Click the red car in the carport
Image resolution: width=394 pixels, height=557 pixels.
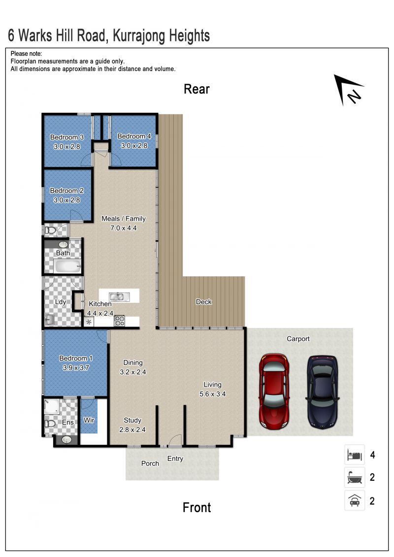tap(274, 391)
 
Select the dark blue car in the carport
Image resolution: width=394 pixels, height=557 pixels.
tap(322, 392)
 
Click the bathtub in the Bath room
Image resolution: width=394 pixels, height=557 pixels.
tap(67, 266)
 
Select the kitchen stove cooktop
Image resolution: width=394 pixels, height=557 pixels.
tap(119, 321)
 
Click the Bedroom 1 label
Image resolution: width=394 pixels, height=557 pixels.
tap(76, 359)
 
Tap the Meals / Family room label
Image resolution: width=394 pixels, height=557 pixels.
tap(124, 219)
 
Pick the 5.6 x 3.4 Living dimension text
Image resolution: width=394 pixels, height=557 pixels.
tap(212, 394)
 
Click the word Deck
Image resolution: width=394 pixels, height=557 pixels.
tap(204, 302)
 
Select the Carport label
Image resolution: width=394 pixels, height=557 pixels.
tap(298, 339)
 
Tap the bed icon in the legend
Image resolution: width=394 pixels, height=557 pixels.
tap(355, 455)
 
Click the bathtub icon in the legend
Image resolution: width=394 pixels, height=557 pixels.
tap(355, 477)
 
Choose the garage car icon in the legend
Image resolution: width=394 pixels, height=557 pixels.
tap(355, 500)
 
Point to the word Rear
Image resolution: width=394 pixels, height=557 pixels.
tap(197, 89)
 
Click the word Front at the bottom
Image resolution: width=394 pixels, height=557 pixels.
tap(197, 508)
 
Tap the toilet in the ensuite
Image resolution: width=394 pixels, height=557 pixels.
tap(50, 424)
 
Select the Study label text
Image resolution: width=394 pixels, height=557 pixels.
tap(132, 420)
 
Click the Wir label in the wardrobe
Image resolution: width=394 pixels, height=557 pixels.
tap(89, 420)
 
